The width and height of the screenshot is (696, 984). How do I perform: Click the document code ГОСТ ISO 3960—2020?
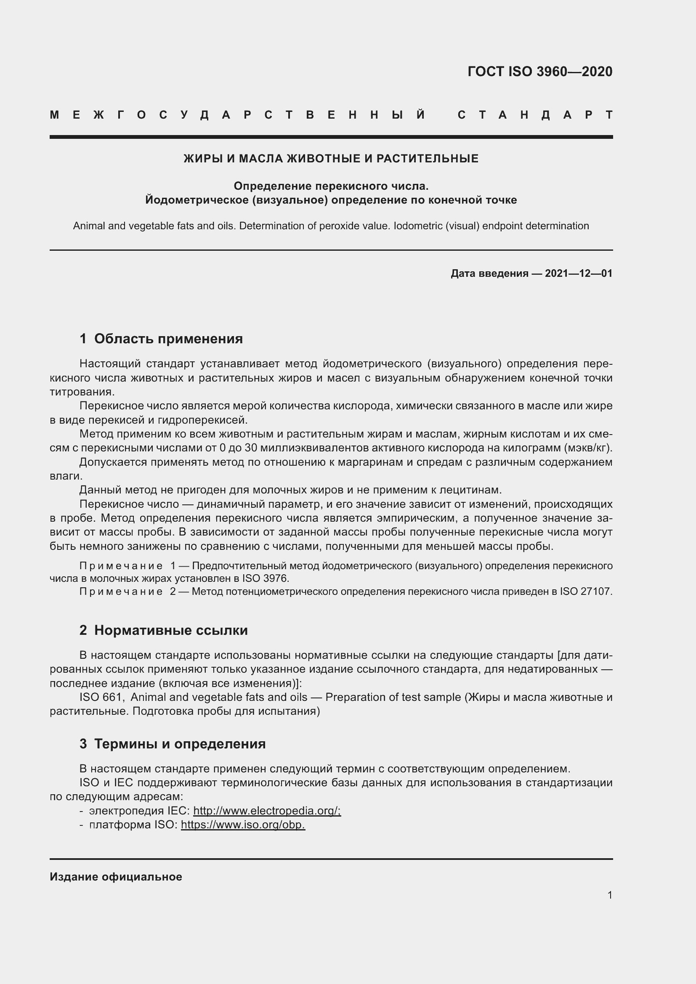click(539, 72)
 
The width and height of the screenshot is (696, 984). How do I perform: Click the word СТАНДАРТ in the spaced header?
click(535, 115)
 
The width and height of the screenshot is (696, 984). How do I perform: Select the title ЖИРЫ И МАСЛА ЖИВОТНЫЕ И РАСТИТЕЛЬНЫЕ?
click(331, 159)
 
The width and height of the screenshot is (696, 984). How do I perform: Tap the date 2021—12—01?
click(579, 273)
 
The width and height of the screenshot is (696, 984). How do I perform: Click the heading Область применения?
click(168, 339)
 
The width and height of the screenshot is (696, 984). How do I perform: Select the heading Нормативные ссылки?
click(170, 631)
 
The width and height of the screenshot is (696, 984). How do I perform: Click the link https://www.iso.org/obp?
click(242, 825)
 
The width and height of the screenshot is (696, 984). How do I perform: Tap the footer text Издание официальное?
click(116, 877)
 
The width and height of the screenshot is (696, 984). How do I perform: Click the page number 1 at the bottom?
click(609, 895)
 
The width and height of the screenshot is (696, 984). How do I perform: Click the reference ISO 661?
click(101, 697)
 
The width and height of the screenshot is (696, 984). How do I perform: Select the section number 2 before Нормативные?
click(83, 631)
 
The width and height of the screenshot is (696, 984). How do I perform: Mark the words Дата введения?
click(489, 273)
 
